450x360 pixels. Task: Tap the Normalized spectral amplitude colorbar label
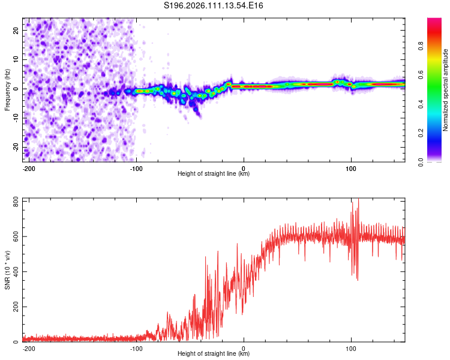[446, 90]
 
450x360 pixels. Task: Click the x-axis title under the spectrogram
[214, 174]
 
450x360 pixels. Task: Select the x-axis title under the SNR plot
[214, 354]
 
